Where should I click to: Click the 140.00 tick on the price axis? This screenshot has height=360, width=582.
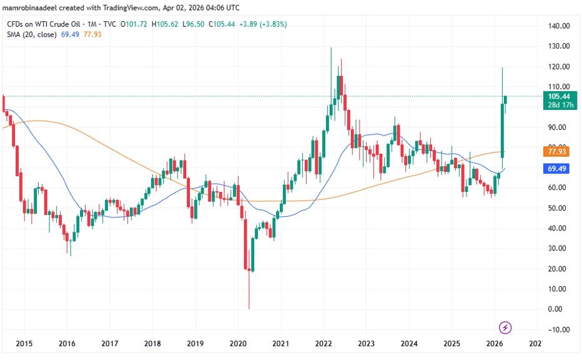[558, 26]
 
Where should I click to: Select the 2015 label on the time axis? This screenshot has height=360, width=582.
[24, 344]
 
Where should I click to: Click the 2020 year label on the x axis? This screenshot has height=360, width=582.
[238, 344]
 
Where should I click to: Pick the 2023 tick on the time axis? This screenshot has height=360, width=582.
[366, 344]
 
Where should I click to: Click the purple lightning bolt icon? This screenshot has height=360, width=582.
[506, 327]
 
